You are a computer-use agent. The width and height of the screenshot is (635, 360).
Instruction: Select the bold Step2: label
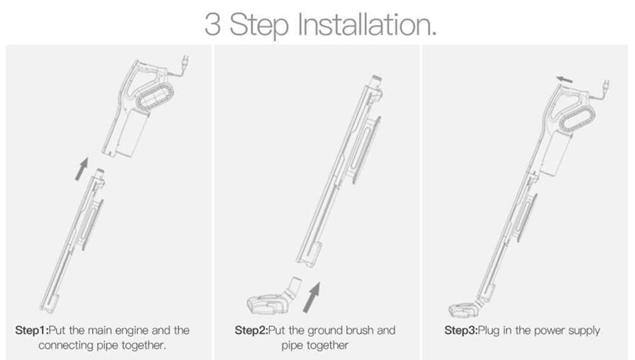click(x=251, y=331)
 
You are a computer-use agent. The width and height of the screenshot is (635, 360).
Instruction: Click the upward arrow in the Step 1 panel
click(x=81, y=169)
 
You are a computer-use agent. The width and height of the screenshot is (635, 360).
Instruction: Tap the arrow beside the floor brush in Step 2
click(x=311, y=297)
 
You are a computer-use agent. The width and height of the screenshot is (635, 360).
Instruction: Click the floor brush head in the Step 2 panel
click(x=267, y=304)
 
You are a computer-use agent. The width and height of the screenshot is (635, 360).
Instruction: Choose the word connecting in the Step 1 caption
click(x=63, y=346)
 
